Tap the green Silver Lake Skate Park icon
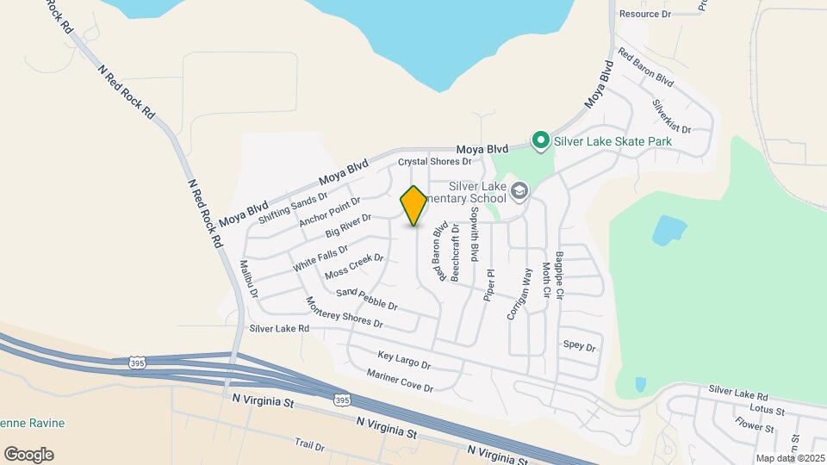click(541, 140)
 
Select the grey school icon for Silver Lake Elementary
click(519, 190)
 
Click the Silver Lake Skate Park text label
click(612, 140)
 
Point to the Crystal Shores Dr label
click(435, 161)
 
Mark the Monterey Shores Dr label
click(344, 312)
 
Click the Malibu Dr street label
click(248, 279)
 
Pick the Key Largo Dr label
click(404, 360)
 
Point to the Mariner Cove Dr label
click(400, 381)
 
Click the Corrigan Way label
click(519, 294)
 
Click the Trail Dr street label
click(308, 445)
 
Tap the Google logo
click(28, 455)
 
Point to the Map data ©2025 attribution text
click(790, 458)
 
